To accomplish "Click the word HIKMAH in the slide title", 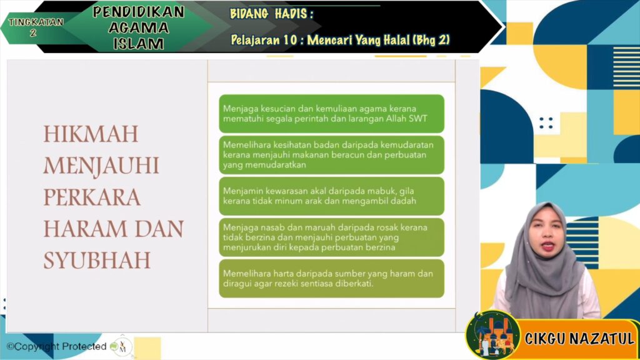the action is coord(91,134).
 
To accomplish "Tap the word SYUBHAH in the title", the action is coord(97,261).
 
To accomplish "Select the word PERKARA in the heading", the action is coord(92,197).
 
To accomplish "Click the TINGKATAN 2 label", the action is coord(36,27).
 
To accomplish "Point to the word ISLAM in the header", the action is coord(139,44).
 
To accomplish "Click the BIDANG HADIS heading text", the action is coord(271,14).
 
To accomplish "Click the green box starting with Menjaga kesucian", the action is coord(331,114).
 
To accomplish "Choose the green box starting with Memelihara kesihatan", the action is coord(331,155).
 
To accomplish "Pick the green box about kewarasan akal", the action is coord(331,196).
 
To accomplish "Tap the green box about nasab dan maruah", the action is coord(331,237).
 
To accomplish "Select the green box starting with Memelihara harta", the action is coord(331,278).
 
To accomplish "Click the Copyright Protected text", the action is coord(57,346).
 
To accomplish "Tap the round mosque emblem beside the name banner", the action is coord(493,335).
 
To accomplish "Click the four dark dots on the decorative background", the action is coord(546,123).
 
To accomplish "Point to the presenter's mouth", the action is coord(547,246).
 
